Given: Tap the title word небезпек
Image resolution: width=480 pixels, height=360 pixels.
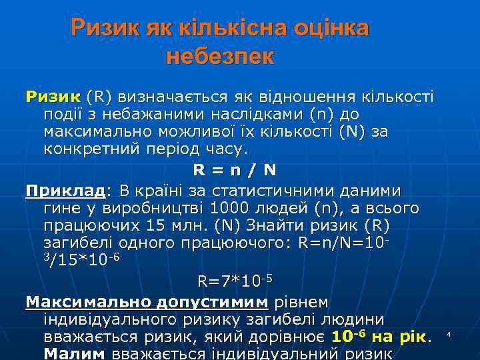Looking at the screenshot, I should [x=220, y=56].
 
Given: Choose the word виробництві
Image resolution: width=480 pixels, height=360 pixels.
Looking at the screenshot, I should [x=148, y=209].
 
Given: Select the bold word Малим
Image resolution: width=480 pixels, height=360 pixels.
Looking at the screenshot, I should [x=73, y=353].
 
